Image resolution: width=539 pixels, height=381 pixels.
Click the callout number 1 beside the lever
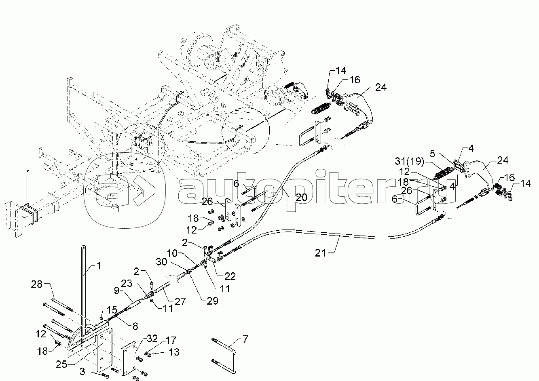99,265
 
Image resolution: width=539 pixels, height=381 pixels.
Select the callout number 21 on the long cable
320,253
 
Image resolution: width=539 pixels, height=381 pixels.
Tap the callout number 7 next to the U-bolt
245,339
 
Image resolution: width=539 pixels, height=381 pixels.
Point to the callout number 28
36,284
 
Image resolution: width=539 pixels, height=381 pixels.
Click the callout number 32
152,339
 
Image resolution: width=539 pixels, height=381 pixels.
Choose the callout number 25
61,364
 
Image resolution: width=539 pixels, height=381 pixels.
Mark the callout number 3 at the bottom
82,372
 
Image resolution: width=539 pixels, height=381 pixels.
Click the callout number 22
230,276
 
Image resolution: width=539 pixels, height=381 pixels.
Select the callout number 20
301,197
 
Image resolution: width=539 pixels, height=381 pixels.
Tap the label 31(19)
410,161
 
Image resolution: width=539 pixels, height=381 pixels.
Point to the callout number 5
433,154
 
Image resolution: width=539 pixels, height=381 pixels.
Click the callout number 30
161,262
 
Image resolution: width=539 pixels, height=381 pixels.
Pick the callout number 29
212,301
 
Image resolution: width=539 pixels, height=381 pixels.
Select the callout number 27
180,301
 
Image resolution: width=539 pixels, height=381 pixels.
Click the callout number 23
127,283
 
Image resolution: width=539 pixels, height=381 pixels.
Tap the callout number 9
117,291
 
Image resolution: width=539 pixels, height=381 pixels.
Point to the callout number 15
112,310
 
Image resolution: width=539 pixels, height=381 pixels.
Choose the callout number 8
135,326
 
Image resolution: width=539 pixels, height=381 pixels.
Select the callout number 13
174,352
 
